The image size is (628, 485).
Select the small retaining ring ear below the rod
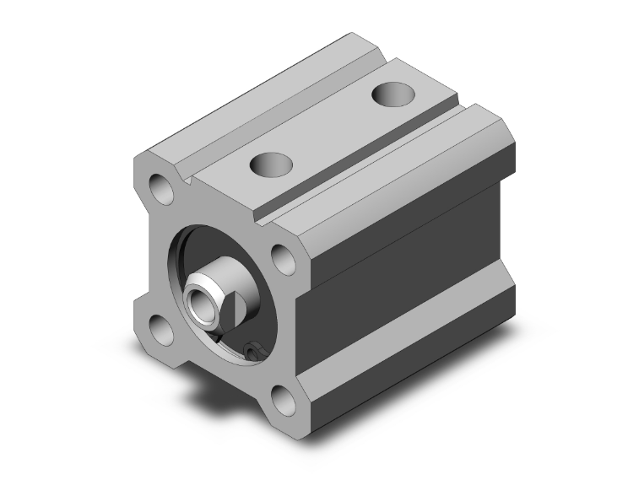[x=251, y=350]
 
